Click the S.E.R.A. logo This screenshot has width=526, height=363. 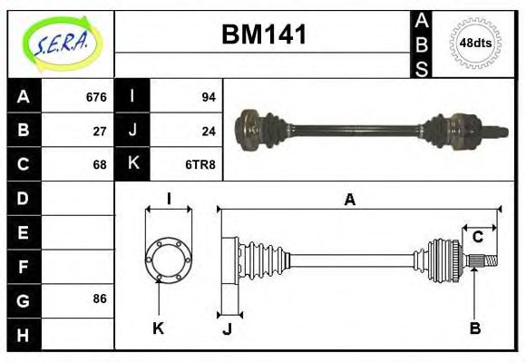(x=61, y=43)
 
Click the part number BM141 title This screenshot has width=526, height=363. (x=264, y=35)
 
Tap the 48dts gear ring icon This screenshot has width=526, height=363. (x=471, y=43)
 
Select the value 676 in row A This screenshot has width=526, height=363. (x=95, y=97)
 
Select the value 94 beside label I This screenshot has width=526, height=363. (x=208, y=97)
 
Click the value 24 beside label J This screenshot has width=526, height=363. (x=208, y=131)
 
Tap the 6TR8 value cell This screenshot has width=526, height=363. (x=201, y=164)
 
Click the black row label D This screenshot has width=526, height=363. (x=24, y=198)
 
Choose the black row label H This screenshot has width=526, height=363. (x=24, y=333)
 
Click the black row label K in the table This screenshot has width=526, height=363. (x=132, y=164)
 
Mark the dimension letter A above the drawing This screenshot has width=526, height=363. (x=349, y=200)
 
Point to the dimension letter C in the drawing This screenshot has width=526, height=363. (x=477, y=237)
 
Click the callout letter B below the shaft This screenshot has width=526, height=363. (x=474, y=328)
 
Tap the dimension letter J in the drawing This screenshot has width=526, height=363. (x=227, y=329)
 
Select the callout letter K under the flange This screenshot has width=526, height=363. (x=158, y=328)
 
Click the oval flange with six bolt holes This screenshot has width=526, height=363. (x=168, y=259)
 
